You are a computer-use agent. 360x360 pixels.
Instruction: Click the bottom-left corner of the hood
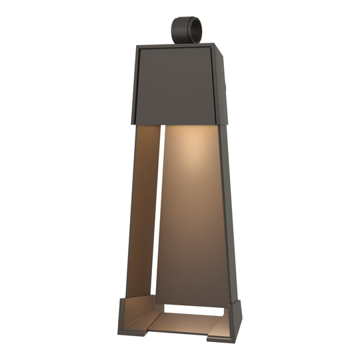pyautogui.click(x=132, y=123)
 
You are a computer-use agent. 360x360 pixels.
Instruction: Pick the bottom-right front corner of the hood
pyautogui.click(x=217, y=124)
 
